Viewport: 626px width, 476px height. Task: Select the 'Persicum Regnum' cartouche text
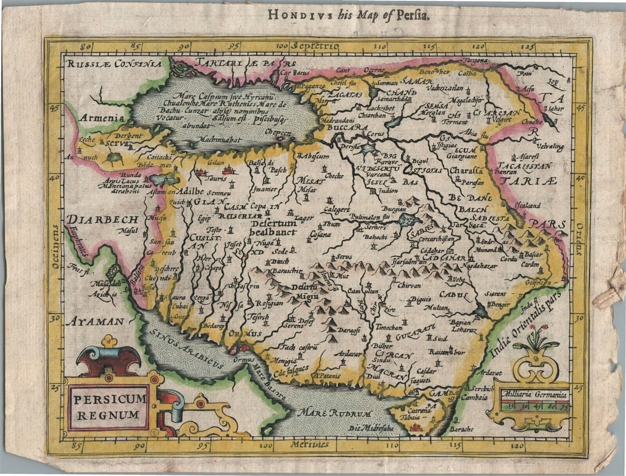[109, 407]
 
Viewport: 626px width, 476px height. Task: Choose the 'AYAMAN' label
[94, 321]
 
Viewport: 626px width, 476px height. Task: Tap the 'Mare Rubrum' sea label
[336, 413]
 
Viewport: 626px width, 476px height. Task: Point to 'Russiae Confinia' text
[114, 64]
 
